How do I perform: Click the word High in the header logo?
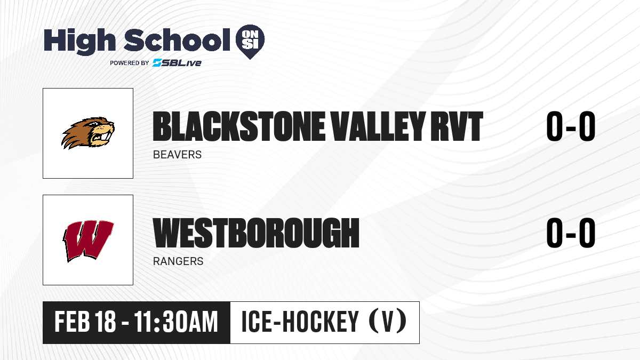pos(80,41)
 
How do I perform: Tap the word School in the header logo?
pos(177,40)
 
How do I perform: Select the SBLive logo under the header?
pos(177,63)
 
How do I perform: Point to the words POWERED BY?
pos(130,63)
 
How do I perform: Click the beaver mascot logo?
pos(88,133)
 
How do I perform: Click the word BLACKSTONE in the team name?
pos(239,126)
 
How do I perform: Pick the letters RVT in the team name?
pos(457,126)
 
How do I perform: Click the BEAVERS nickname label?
pos(177,155)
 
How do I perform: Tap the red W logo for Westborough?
pos(89,241)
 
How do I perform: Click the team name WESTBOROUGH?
pos(256,233)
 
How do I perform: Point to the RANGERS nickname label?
pos(178,261)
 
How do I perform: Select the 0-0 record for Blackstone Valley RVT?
pos(571,126)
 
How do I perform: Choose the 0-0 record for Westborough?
pos(571,233)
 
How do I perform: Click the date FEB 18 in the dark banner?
pos(85,322)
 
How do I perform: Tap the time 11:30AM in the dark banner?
pos(176,322)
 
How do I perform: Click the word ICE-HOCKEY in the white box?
pos(300,322)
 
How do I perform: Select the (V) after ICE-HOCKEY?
pos(388,321)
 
